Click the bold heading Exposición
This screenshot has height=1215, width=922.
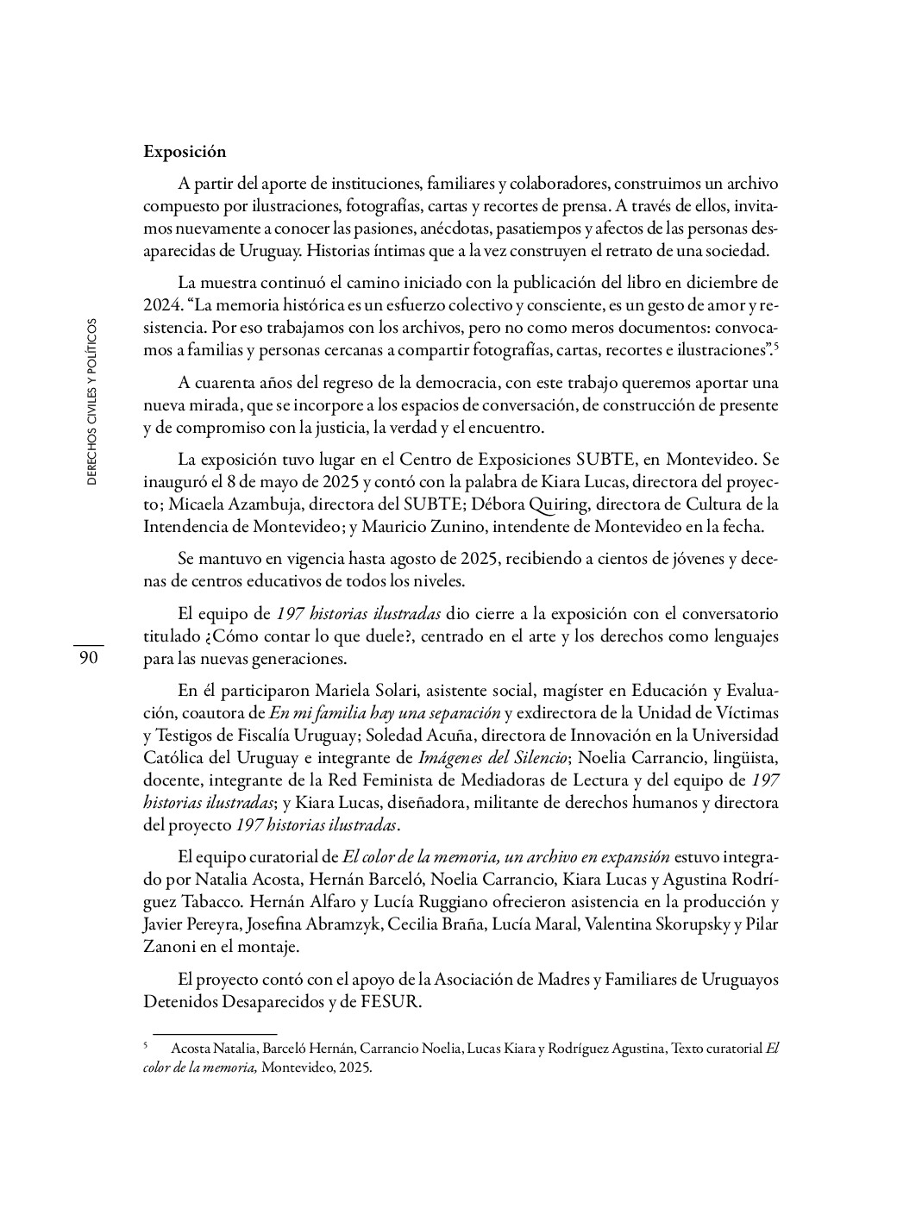[x=185, y=152]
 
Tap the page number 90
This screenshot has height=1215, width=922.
[x=88, y=659]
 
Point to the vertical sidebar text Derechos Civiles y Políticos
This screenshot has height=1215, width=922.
[x=92, y=402]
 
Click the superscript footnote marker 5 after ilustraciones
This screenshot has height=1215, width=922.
[x=776, y=346]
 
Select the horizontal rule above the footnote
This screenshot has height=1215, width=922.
[x=215, y=1033]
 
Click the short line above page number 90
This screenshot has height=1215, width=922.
[x=88, y=645]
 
